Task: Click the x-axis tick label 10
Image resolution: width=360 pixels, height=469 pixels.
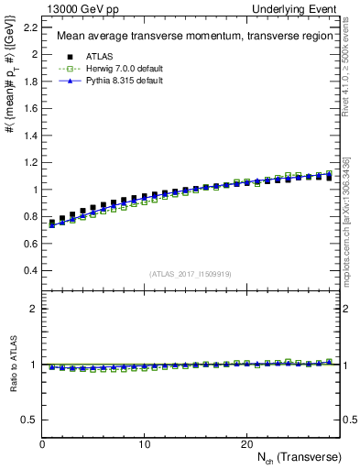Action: click(x=145, y=443)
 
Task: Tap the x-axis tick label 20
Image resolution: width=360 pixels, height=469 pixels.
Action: click(x=246, y=443)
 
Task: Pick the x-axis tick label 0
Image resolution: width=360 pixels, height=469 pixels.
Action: click(x=43, y=443)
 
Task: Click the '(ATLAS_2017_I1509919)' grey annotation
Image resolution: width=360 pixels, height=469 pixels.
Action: click(x=190, y=273)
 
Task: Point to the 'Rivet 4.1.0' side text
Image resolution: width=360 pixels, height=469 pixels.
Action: click(x=353, y=69)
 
